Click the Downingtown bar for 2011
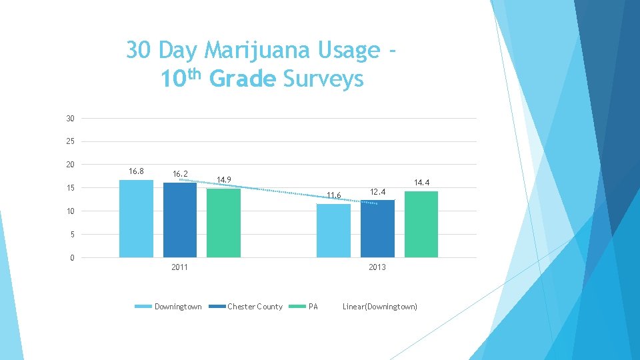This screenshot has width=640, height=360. (x=136, y=219)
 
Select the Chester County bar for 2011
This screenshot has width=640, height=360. (x=180, y=220)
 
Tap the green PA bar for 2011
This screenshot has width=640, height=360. (x=223, y=223)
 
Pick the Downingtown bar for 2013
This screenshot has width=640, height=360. (x=333, y=231)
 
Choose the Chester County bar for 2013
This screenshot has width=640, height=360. (x=377, y=229)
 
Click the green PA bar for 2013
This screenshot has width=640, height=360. (x=421, y=224)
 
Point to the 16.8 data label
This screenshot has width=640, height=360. (x=136, y=171)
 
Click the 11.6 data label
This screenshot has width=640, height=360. (x=333, y=195)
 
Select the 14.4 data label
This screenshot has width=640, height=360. (x=422, y=182)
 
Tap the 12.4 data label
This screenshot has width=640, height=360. (x=378, y=192)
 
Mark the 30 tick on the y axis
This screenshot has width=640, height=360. (x=70, y=119)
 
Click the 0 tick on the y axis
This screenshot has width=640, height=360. (x=72, y=258)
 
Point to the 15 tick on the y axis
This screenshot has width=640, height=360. (x=70, y=188)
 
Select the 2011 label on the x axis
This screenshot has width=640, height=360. (x=179, y=267)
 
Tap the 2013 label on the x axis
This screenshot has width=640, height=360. (x=377, y=267)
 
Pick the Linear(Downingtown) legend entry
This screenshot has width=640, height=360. (x=380, y=307)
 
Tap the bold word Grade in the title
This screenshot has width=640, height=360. (x=242, y=79)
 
